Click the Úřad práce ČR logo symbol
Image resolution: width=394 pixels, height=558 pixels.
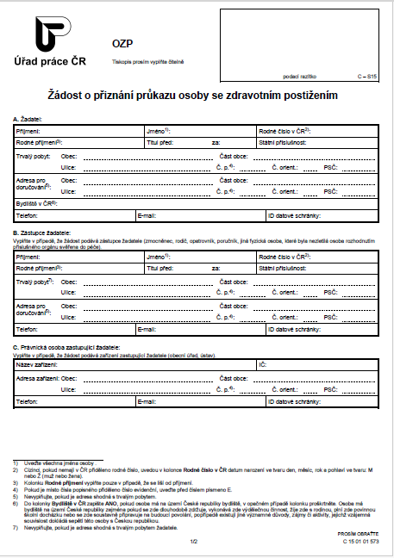pyautogui.click(x=53, y=35)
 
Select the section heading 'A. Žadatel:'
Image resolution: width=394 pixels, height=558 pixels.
pyautogui.click(x=30, y=117)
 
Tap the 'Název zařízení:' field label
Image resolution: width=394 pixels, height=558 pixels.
pyautogui.click(x=37, y=365)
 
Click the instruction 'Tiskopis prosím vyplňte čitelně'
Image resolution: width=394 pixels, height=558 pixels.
pyautogui.click(x=149, y=62)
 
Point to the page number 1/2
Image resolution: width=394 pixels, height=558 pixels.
pyautogui.click(x=195, y=541)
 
